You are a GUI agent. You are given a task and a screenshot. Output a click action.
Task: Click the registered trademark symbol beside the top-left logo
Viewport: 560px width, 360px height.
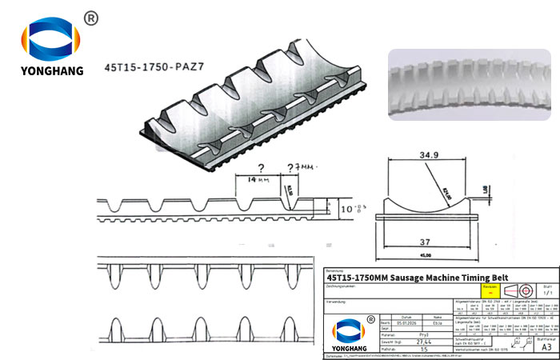90,18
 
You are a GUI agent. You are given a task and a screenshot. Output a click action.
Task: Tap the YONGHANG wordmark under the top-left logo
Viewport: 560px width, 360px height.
53,70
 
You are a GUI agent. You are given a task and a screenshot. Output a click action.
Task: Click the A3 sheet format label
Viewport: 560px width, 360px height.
544,347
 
